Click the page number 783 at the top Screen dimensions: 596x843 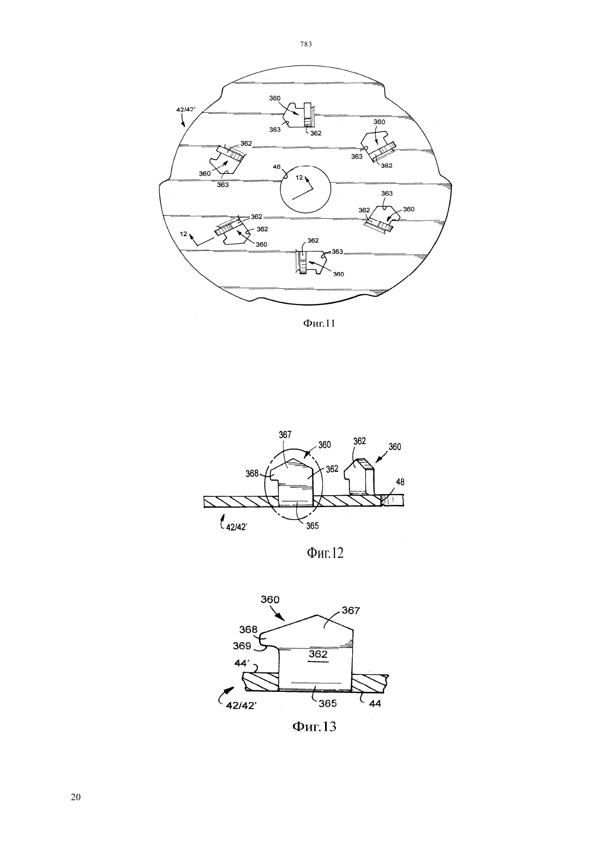click(306, 44)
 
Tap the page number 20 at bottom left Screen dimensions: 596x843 click(76, 797)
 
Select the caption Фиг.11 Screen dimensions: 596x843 click(319, 323)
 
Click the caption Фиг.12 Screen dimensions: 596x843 click(325, 553)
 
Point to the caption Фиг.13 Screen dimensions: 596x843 click(314, 726)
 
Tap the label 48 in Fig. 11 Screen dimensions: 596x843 click(276, 167)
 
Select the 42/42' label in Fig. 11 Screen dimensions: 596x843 click(186, 109)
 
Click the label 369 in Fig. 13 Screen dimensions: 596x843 click(242, 646)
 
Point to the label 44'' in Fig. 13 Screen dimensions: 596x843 click(243, 664)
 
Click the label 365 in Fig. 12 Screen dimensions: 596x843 click(312, 526)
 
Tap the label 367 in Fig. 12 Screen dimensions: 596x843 click(285, 435)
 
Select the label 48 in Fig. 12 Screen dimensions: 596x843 click(400, 482)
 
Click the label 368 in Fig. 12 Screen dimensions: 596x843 click(252, 474)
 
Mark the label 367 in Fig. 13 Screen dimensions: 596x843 click(351, 611)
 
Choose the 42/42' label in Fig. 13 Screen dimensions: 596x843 click(241, 705)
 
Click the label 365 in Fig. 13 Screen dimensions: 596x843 click(327, 703)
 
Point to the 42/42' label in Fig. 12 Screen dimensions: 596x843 click(236, 527)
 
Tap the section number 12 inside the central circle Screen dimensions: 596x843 click(299, 178)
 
